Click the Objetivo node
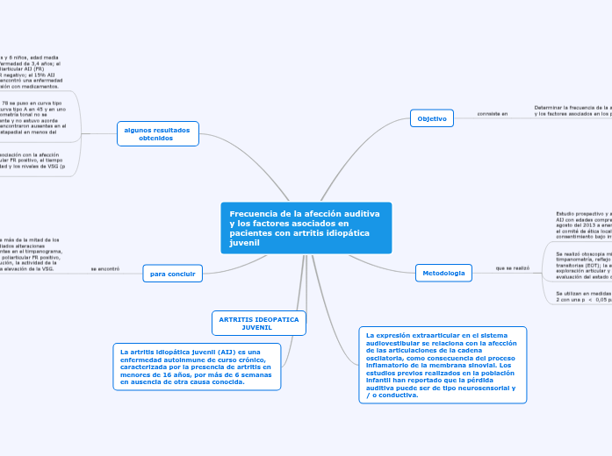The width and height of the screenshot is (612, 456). (x=431, y=118)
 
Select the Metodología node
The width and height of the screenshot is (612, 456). (x=443, y=274)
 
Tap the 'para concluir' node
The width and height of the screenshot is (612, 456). (x=172, y=274)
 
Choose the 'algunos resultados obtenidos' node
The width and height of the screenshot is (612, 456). (x=158, y=133)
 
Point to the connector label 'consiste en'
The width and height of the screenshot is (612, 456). (x=493, y=115)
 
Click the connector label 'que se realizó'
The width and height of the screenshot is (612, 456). (x=513, y=267)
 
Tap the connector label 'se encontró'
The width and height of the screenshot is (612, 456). (x=104, y=268)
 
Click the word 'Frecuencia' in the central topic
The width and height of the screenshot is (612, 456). (x=253, y=214)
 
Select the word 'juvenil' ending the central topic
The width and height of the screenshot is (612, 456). (x=244, y=243)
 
